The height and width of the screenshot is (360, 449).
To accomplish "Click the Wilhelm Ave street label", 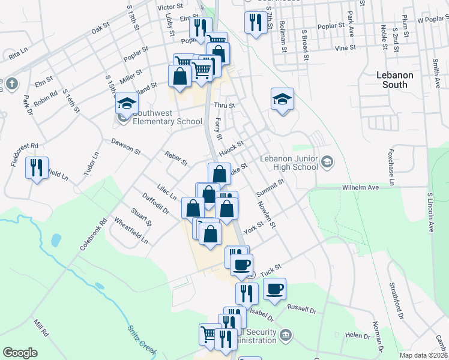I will pyautogui.click(x=360, y=188).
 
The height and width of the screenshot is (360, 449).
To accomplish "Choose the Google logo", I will pyautogui.click(x=20, y=353).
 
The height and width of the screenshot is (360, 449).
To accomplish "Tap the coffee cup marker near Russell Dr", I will pyautogui.click(x=275, y=289).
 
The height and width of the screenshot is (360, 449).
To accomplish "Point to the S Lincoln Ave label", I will pyautogui.click(x=430, y=212).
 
